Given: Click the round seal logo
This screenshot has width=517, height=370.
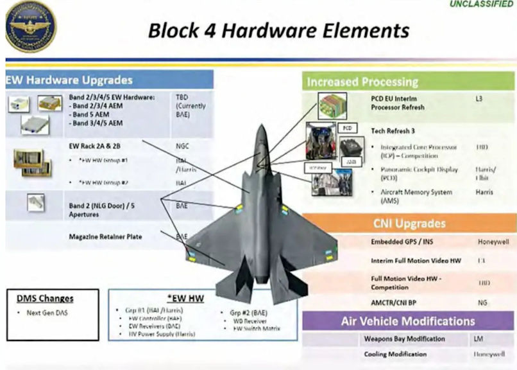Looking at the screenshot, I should [30, 25].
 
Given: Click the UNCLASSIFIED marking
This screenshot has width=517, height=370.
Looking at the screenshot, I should [482, 4].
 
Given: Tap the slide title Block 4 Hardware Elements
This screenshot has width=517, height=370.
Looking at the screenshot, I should [278, 30].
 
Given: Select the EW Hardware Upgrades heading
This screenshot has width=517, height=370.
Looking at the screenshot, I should [69, 80].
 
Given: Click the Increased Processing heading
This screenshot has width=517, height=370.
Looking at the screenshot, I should [362, 82].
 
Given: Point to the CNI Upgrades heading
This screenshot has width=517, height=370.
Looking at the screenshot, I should [409, 224].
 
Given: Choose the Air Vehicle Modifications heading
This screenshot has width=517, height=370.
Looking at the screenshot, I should [407, 321].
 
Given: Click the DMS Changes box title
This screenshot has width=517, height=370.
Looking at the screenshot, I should [45, 298].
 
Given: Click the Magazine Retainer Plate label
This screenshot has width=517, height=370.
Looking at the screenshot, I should [105, 237].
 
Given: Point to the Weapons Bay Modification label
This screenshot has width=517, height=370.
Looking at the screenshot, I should [403, 339].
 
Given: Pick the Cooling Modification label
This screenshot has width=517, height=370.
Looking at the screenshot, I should [395, 354].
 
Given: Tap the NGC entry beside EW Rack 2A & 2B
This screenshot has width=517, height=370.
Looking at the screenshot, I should [182, 146].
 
